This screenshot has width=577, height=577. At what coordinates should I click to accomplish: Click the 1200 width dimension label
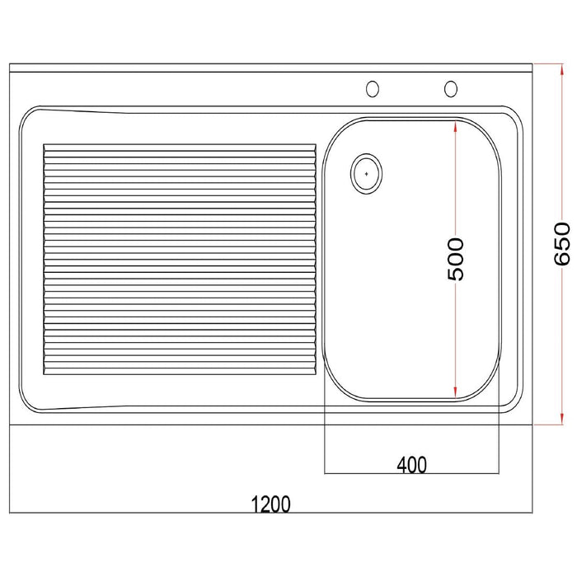(270, 504)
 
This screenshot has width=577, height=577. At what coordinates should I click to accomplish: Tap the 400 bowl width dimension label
(412, 465)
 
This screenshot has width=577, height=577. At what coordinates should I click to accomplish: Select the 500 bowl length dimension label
(456, 259)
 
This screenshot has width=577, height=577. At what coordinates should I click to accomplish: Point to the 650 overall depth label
(562, 243)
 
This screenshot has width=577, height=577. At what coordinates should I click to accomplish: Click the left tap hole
(373, 89)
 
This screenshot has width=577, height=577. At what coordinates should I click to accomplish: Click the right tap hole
(451, 89)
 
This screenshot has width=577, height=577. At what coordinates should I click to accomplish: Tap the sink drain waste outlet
(366, 173)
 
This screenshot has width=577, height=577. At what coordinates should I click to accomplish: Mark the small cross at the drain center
(366, 173)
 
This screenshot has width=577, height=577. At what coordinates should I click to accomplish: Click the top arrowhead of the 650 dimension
(561, 69)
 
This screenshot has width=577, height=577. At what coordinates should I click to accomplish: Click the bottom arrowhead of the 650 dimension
(561, 418)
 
